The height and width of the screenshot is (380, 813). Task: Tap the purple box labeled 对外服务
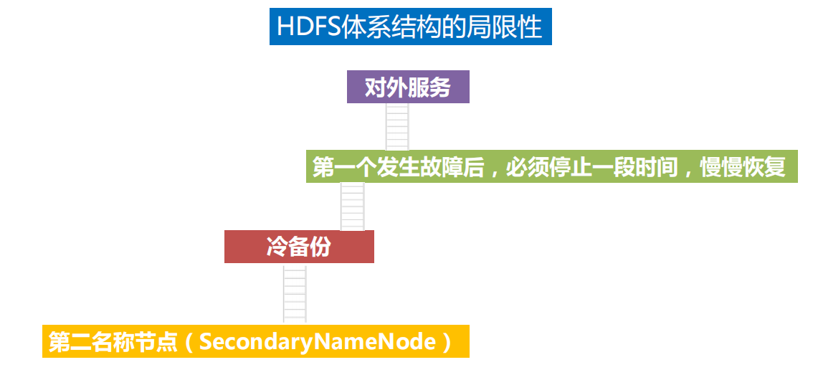(x=408, y=87)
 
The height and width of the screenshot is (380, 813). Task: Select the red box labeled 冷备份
(x=299, y=247)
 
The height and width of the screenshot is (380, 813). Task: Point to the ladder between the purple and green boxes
(x=397, y=127)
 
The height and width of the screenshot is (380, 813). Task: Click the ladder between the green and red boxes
(x=352, y=206)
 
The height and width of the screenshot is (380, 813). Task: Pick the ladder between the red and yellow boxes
(x=295, y=294)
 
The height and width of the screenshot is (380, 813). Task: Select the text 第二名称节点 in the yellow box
(x=113, y=341)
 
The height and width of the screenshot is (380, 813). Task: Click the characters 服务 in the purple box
(x=429, y=87)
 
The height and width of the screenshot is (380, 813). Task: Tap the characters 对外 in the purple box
(x=386, y=87)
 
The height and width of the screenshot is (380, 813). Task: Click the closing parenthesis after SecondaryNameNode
(x=445, y=341)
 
